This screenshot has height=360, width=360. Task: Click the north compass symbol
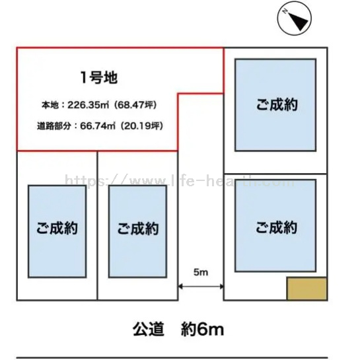click(x=295, y=18)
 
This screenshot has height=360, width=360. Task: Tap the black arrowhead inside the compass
click(x=299, y=21)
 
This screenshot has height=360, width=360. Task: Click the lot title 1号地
click(x=99, y=77)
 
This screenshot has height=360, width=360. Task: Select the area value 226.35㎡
click(x=88, y=105)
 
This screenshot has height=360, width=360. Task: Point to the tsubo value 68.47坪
click(x=135, y=105)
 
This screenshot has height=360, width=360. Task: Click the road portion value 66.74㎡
click(x=98, y=126)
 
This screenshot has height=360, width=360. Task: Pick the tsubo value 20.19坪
click(x=141, y=126)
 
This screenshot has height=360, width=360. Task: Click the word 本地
click(x=50, y=105)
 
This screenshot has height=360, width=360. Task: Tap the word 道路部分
click(x=54, y=126)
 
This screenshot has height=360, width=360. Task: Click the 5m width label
click(x=201, y=272)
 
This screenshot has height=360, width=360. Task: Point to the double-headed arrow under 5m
click(x=201, y=287)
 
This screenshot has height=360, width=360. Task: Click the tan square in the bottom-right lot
click(x=306, y=289)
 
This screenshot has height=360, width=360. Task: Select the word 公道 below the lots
click(x=149, y=329)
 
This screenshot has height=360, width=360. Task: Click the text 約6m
click(x=202, y=329)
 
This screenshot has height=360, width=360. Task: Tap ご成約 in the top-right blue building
click(x=277, y=104)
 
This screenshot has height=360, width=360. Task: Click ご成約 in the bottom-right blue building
click(x=276, y=227)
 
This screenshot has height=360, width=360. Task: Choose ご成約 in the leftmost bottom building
click(x=57, y=228)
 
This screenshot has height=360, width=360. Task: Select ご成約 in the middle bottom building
click(x=138, y=229)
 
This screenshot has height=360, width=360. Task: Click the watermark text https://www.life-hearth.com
click(x=180, y=180)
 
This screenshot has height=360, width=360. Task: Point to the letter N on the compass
click(x=285, y=11)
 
